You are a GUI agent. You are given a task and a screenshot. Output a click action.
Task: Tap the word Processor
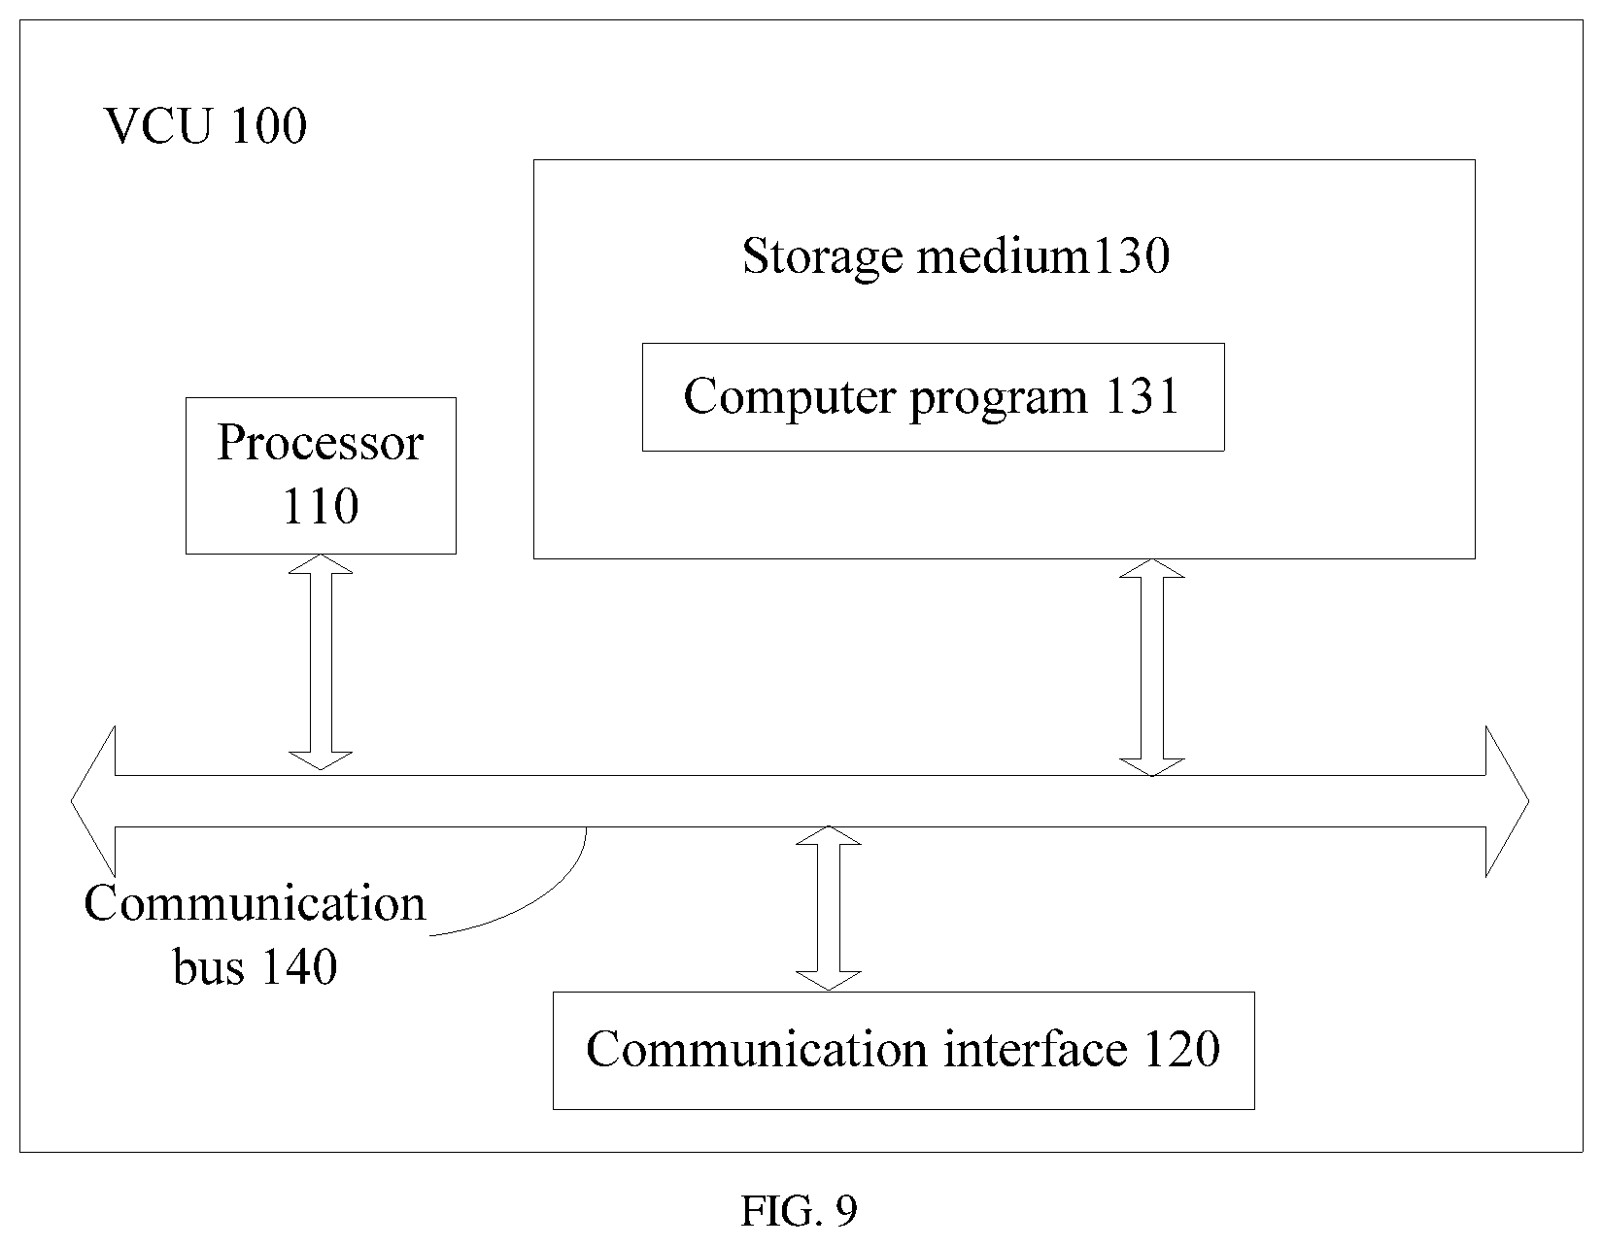coord(321,443)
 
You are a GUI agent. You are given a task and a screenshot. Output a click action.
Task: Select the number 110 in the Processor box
coord(321,506)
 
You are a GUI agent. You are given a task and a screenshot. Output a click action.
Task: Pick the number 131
coord(1142,396)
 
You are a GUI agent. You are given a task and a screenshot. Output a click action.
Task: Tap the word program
coord(999,399)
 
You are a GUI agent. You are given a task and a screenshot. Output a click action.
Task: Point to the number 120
coord(1181,1049)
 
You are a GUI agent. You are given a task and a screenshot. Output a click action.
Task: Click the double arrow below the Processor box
coord(321,662)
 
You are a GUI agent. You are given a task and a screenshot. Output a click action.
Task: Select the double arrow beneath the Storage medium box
coord(1152,667)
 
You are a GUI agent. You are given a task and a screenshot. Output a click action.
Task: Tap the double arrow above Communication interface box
coord(829,908)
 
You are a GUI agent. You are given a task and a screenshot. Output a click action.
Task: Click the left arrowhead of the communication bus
coord(93,800)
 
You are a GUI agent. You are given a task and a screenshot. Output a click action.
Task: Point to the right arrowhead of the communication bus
coord(1507,800)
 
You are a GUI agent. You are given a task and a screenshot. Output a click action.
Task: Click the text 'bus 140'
coord(256,966)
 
